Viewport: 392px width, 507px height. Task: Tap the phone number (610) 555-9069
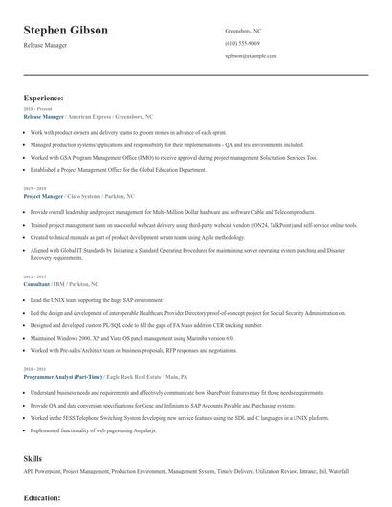tap(242, 44)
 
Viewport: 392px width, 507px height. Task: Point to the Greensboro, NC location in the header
tap(243, 31)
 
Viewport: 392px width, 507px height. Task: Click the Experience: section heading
tap(44, 98)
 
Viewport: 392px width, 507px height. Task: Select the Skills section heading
tap(33, 459)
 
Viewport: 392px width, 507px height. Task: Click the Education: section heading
tap(42, 498)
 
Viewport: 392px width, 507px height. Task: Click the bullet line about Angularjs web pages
tap(92, 429)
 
